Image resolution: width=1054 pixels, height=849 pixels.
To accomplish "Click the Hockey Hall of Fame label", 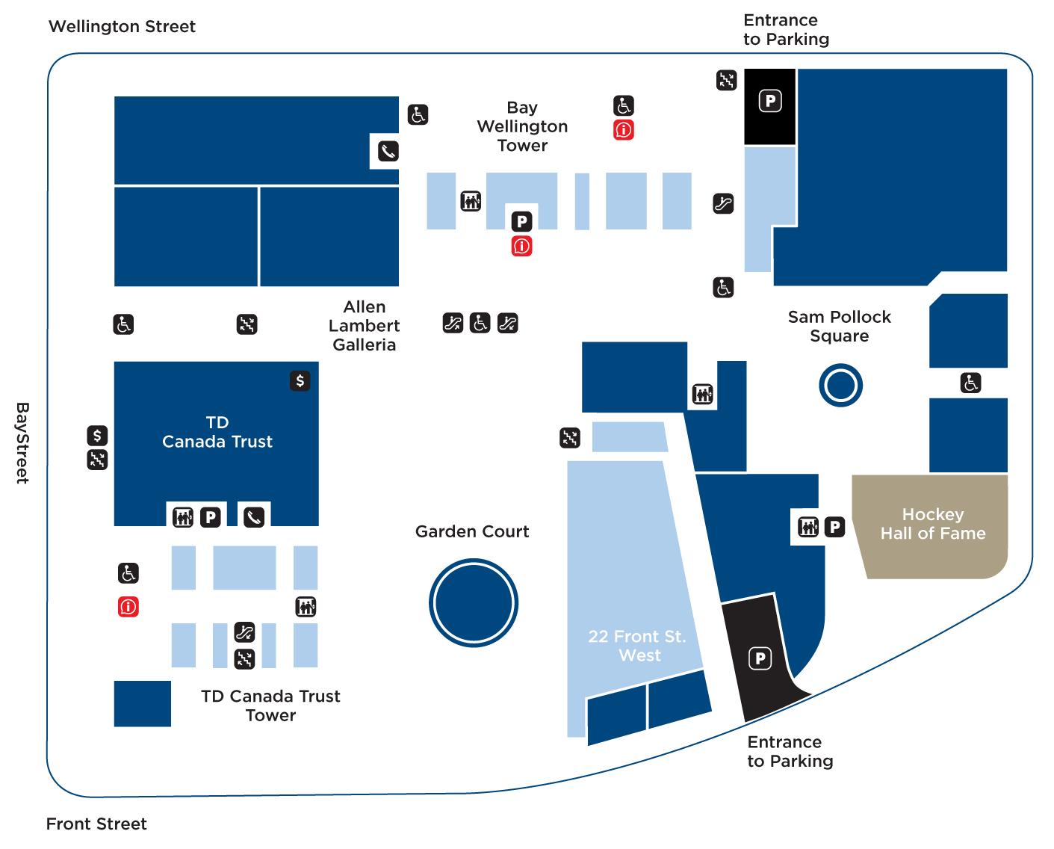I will coord(932,524).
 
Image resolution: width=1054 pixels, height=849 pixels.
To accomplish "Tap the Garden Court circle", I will coord(474,602).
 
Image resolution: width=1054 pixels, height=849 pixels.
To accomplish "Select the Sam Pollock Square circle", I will coord(840,386).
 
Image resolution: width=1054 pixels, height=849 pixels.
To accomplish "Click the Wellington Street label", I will coord(122,27).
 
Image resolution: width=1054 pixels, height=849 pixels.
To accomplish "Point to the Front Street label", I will coord(96,824).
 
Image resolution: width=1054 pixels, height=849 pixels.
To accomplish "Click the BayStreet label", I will coord(22,442).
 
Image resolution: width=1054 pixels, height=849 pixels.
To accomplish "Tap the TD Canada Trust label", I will coord(217,432).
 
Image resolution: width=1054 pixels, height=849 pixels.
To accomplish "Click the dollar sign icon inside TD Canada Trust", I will coord(300,381).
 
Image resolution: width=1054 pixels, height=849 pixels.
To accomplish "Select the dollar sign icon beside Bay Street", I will coord(97,435).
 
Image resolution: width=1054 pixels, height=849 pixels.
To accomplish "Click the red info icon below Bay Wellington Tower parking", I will coord(521,246).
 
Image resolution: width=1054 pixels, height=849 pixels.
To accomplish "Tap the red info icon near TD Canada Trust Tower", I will coord(128,607).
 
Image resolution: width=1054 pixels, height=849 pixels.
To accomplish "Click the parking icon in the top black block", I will coord(770,100).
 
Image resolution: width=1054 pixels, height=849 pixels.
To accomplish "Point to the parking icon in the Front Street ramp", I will coord(760,658).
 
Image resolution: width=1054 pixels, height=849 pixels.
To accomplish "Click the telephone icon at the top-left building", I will coord(388,152).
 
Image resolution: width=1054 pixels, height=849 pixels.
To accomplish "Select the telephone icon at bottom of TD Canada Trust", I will coord(254,516).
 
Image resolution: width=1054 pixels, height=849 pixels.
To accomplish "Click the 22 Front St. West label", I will coord(637,646).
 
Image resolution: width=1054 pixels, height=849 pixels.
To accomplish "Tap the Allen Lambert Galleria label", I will coord(365,326).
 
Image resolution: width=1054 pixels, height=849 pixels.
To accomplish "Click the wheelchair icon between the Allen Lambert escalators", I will coord(480,323).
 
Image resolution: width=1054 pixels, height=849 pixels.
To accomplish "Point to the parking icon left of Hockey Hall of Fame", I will coord(834,527).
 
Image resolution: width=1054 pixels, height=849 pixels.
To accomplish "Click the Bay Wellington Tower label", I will coord(522,126).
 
